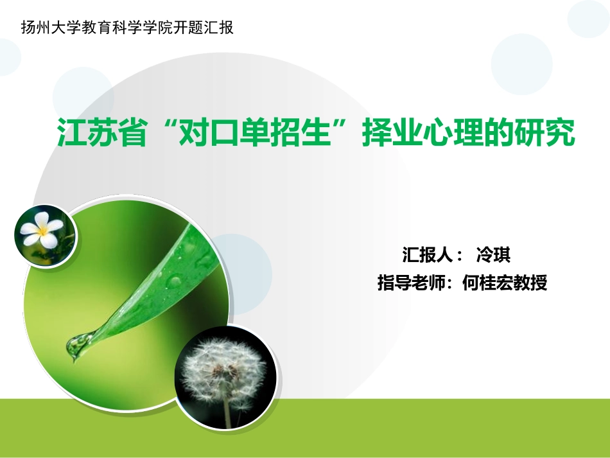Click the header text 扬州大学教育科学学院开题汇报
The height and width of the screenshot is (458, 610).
coord(127,28)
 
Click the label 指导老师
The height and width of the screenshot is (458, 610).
coord(412,283)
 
